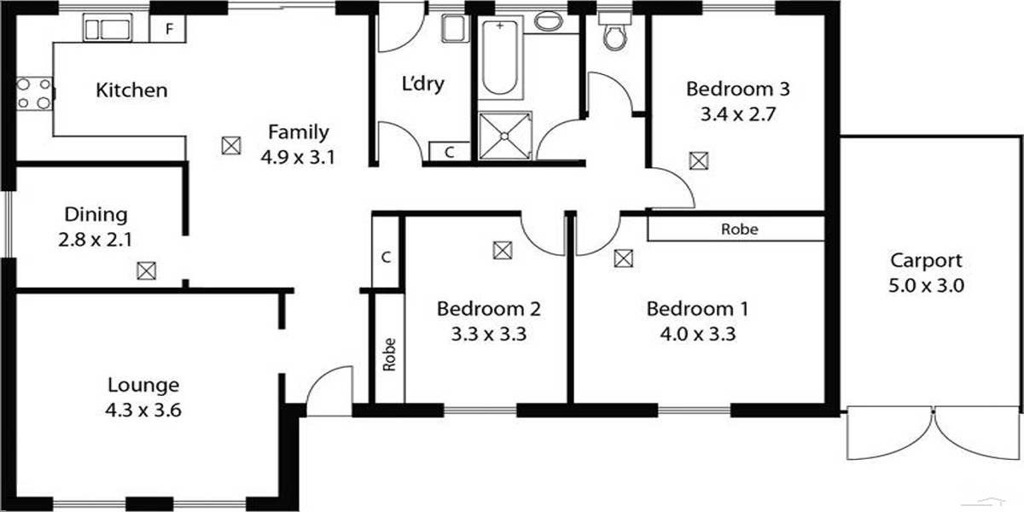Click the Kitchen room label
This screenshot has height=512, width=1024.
pos(131,90)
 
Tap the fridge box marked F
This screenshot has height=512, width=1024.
pos(169,29)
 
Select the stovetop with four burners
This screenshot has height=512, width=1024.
pos(34,93)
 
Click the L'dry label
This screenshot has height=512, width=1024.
pos(423,84)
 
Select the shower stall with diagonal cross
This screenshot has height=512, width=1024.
pos(503,134)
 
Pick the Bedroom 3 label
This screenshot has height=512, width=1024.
pos(738,88)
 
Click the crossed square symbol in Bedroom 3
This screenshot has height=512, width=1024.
pos(699,160)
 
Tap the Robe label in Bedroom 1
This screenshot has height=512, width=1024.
pos(739,230)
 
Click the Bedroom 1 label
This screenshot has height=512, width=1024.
pos(699,308)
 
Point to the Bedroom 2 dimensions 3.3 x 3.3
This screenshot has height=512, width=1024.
pos(488,334)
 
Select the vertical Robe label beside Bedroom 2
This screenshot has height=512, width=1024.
pos(390,355)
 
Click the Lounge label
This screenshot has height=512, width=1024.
pos(143,385)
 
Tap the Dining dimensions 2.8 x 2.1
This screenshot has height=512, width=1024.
pos(95,241)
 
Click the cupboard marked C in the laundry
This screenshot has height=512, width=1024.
pos(449,152)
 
